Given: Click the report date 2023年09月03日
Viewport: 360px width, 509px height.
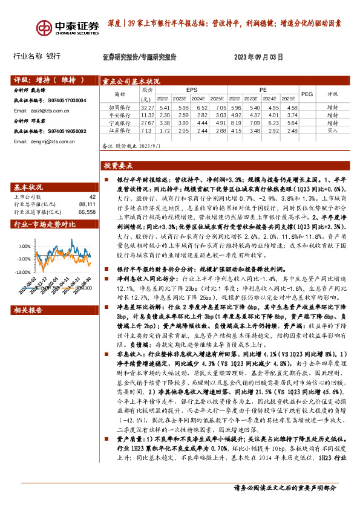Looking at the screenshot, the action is pos(258,57).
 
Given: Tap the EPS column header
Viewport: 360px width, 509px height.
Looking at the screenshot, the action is pos(192,89).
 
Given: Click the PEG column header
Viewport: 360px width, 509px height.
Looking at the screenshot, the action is pos(307,94).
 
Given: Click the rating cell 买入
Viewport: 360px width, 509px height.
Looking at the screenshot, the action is pos(332,130).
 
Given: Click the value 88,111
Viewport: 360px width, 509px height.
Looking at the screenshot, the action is pos(87,204).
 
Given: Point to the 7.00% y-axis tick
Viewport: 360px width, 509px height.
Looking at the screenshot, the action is pos(24,247).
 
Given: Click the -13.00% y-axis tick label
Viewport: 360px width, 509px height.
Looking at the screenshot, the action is pos(23,271).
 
